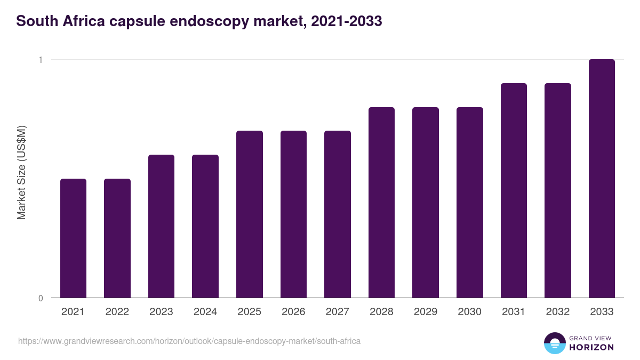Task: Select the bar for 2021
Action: (x=73, y=238)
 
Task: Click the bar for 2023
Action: (x=161, y=226)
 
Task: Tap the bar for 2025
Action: (x=250, y=214)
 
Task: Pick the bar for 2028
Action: (x=381, y=202)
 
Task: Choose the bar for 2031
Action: (x=514, y=190)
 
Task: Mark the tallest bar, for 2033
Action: (x=602, y=178)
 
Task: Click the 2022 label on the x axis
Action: (x=117, y=312)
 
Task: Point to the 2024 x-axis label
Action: (x=205, y=312)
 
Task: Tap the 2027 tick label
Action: (x=338, y=312)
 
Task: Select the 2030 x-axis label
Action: (x=469, y=312)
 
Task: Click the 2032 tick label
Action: (x=558, y=312)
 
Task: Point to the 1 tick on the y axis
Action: (x=41, y=60)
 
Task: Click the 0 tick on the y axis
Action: (x=41, y=298)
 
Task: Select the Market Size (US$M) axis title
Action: (x=21, y=172)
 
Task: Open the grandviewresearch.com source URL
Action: (x=189, y=341)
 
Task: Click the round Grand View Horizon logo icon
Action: (x=554, y=343)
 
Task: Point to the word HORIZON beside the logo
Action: (x=591, y=347)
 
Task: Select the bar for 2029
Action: (x=426, y=202)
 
